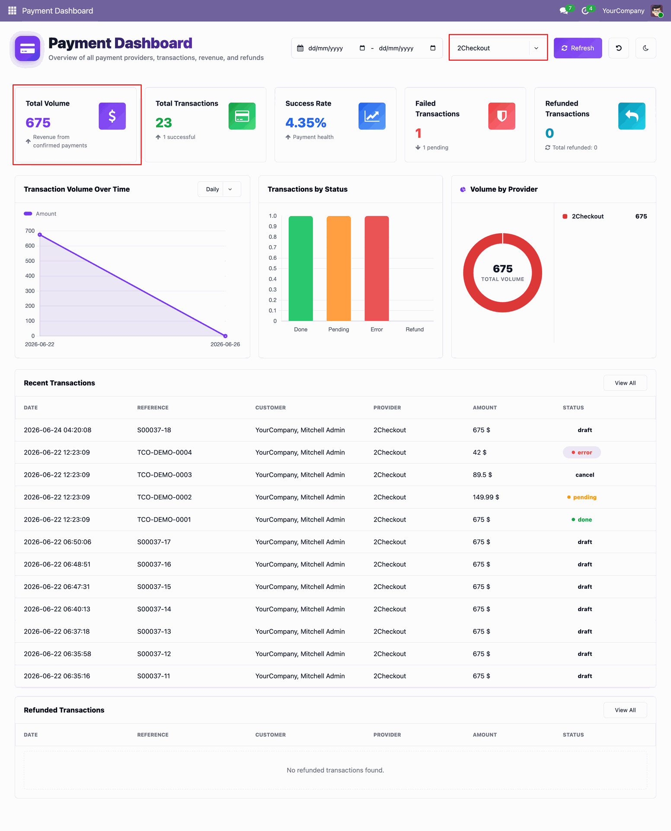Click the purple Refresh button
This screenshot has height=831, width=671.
(x=578, y=48)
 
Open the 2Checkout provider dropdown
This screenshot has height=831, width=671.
(x=498, y=48)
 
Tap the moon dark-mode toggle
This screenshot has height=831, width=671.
(x=645, y=48)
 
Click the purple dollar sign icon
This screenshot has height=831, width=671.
(x=112, y=116)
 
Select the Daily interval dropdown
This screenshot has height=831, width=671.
(x=219, y=189)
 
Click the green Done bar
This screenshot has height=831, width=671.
(x=300, y=268)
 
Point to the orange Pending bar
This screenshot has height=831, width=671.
(x=339, y=268)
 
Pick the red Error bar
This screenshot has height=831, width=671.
(x=377, y=268)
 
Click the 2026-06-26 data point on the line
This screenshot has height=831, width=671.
(x=225, y=336)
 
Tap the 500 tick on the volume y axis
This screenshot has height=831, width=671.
(x=30, y=261)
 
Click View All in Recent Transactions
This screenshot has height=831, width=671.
(x=625, y=383)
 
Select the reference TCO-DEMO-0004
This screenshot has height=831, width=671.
(x=164, y=452)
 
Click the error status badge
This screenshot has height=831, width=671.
(x=582, y=452)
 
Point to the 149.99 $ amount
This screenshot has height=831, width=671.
(x=486, y=497)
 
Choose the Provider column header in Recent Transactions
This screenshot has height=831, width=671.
(x=387, y=408)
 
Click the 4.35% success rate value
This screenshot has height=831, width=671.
(x=306, y=123)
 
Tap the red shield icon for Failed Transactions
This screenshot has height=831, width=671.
(x=502, y=116)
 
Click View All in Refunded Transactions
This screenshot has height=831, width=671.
(x=625, y=710)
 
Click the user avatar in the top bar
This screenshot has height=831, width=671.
(x=657, y=11)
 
